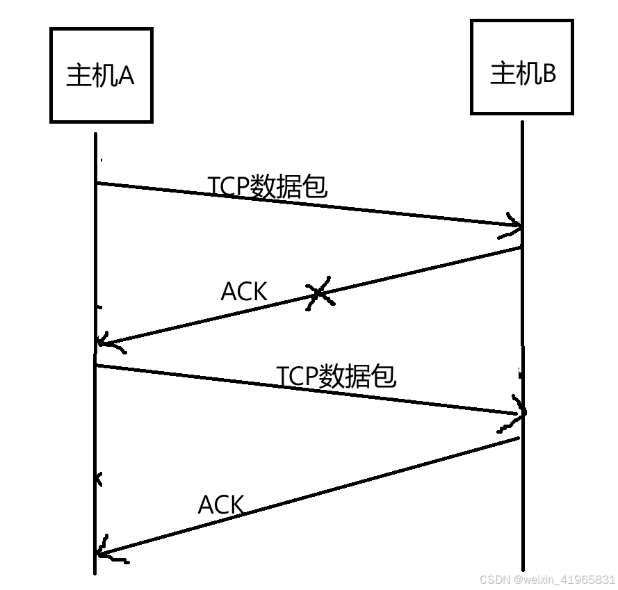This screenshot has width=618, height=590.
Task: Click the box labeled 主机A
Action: coord(101,76)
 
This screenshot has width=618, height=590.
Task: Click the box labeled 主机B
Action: coord(522,67)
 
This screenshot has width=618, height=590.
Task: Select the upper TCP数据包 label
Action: coord(267,186)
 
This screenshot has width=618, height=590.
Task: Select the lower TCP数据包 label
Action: coord(336,375)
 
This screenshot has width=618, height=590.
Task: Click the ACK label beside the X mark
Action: coord(243,291)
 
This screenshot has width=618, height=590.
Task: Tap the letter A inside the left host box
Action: coord(126,76)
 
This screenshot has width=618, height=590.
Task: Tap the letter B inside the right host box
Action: coord(548,72)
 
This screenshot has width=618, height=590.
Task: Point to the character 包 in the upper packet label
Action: coord(315,186)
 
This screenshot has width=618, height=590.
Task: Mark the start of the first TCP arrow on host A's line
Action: coord(96,183)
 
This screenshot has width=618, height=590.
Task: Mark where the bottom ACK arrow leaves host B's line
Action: coord(521,438)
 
